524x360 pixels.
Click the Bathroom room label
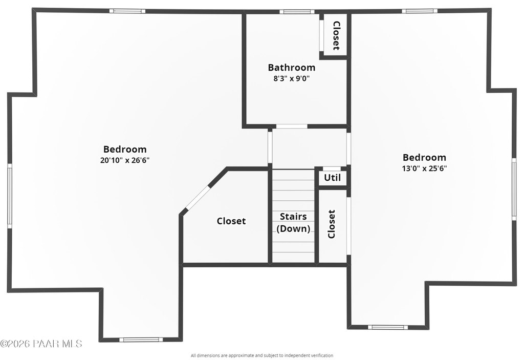coord(291,67)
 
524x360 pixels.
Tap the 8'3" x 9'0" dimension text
coord(291,78)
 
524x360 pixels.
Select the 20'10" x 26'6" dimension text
coord(125,160)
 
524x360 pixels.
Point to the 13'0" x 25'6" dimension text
coord(424,168)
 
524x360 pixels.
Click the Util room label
coord(332,178)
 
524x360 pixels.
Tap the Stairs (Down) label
coord(293,222)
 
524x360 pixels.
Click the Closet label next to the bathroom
coord(336,35)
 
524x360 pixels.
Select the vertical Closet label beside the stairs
coord(331,224)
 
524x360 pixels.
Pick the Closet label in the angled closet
coord(231,221)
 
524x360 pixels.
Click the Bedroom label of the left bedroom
coord(125,149)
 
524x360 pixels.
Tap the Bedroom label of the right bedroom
coord(424,157)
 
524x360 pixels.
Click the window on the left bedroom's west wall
coord(9,196)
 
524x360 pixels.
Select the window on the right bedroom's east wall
coord(514,188)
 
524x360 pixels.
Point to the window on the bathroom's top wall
coord(297,11)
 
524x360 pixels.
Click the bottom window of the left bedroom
coord(141,339)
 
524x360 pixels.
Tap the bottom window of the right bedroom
coord(388,327)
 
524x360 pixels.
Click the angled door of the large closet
coord(198,198)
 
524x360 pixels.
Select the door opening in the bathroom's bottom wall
coord(292,126)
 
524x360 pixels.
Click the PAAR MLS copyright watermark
coord(41,344)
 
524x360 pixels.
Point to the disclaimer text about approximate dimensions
coord(261,355)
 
